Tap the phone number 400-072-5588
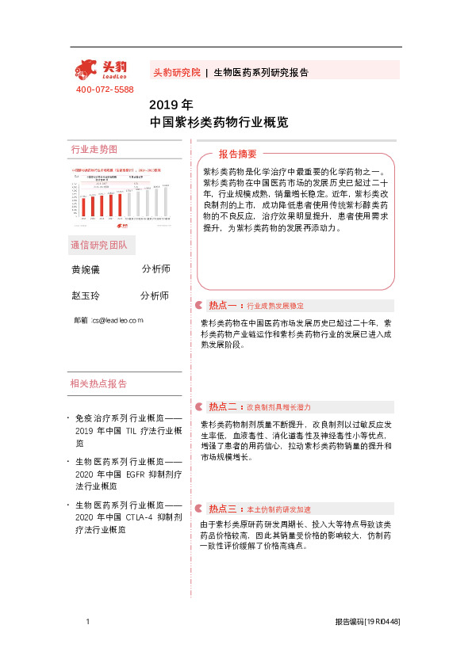105,90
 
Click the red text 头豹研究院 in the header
176,72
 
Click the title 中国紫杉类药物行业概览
219,123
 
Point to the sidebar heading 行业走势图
94,149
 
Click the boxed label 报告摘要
238,154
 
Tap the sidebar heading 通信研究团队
99,244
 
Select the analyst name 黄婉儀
86,269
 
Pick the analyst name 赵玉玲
86,295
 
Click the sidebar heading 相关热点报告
99,383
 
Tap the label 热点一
222,305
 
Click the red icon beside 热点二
198,406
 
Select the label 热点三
222,509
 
